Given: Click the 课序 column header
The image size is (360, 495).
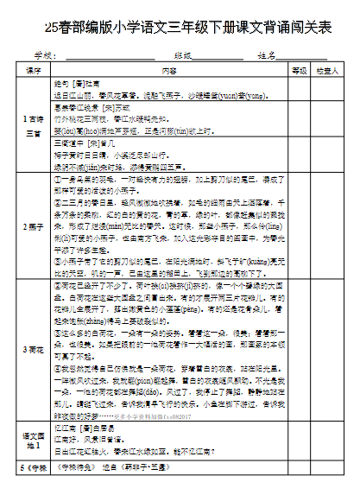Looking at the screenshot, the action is [35, 71].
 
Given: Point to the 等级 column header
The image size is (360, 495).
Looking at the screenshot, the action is [299, 71].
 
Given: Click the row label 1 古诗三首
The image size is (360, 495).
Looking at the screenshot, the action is [34, 127].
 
